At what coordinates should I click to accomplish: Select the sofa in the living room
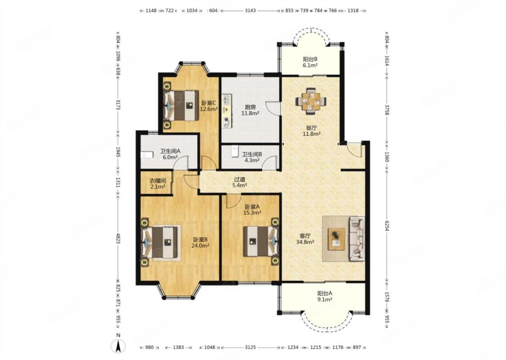click(357, 238)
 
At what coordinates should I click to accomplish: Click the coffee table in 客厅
click(336, 239)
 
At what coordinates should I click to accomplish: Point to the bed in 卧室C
click(181, 105)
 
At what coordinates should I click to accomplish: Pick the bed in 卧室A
click(261, 241)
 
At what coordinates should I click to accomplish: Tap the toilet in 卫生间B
click(235, 151)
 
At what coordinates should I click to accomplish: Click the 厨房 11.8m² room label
click(251, 110)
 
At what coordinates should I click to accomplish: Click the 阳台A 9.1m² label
click(325, 297)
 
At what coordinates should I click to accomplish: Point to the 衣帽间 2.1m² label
click(158, 184)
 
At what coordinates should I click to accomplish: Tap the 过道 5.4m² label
click(240, 182)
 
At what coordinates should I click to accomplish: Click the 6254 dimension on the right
click(387, 225)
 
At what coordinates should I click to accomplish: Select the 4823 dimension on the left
click(118, 238)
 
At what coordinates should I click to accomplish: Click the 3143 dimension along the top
click(250, 10)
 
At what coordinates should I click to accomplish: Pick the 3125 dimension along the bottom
click(250, 347)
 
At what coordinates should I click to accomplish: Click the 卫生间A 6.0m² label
click(170, 154)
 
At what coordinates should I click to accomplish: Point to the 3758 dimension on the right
click(387, 109)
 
